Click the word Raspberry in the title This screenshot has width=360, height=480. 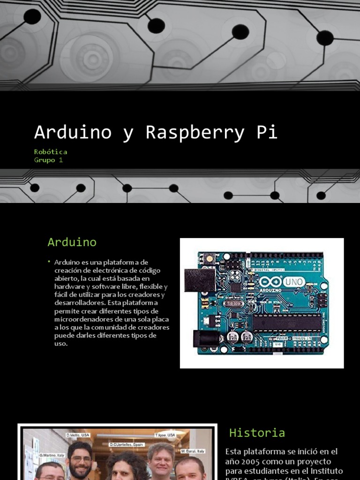195,133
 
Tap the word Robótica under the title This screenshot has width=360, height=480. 51,152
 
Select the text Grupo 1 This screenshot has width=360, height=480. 48,160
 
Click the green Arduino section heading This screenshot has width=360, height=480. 72,242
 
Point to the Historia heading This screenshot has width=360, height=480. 257,433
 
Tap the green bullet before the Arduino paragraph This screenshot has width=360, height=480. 49,262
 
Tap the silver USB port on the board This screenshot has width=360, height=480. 199,280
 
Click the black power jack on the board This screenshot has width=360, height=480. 205,338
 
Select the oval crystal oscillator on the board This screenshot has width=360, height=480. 233,303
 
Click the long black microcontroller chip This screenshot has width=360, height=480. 287,322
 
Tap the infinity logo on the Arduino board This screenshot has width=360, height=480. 270,282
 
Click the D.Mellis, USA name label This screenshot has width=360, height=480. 78,435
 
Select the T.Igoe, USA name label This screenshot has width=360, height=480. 165,435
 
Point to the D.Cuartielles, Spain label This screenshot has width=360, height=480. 127,444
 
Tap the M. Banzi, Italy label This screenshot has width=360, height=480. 193,451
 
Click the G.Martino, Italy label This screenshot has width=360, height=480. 51,455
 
